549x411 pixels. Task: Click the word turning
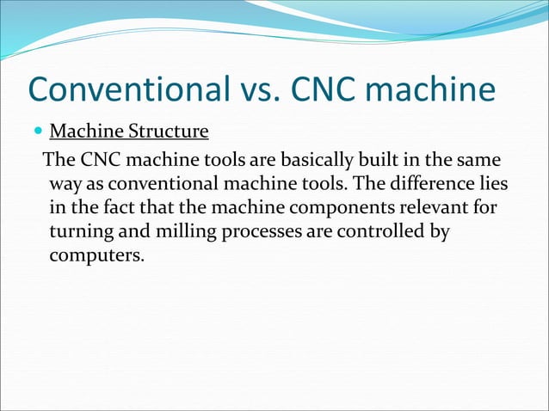coord(79,233)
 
